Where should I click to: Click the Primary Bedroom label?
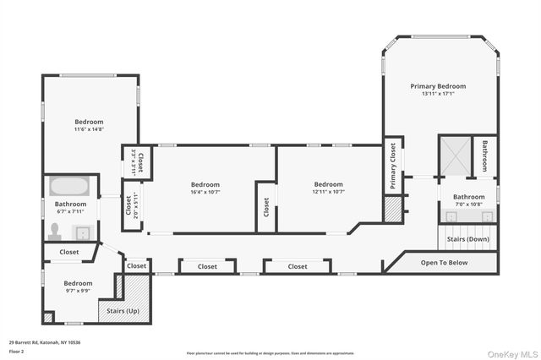[x=438, y=86]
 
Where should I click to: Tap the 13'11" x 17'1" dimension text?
[x=438, y=94]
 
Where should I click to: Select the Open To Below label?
[x=444, y=263]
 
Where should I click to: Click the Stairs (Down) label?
[x=467, y=239]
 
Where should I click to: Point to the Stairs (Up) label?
[x=123, y=311]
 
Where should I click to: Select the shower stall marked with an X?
[x=454, y=156]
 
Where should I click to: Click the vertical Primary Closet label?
[x=393, y=164]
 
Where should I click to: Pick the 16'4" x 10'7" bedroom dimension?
[x=205, y=192]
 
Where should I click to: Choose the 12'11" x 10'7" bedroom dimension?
[x=328, y=192]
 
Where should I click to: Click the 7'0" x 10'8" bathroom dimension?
[x=467, y=205]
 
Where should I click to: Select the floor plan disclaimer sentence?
[x=270, y=353]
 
